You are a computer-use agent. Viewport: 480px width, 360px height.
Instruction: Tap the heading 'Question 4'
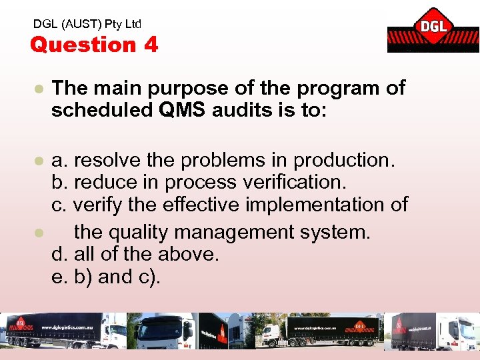coord(94,45)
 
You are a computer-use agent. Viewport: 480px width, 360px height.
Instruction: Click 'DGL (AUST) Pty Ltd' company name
coord(87,23)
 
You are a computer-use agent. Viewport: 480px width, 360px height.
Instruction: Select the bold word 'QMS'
coord(182,111)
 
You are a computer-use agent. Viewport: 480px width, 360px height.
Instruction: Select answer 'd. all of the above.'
coord(135,255)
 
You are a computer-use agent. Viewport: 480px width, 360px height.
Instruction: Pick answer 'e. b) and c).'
coord(107,277)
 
